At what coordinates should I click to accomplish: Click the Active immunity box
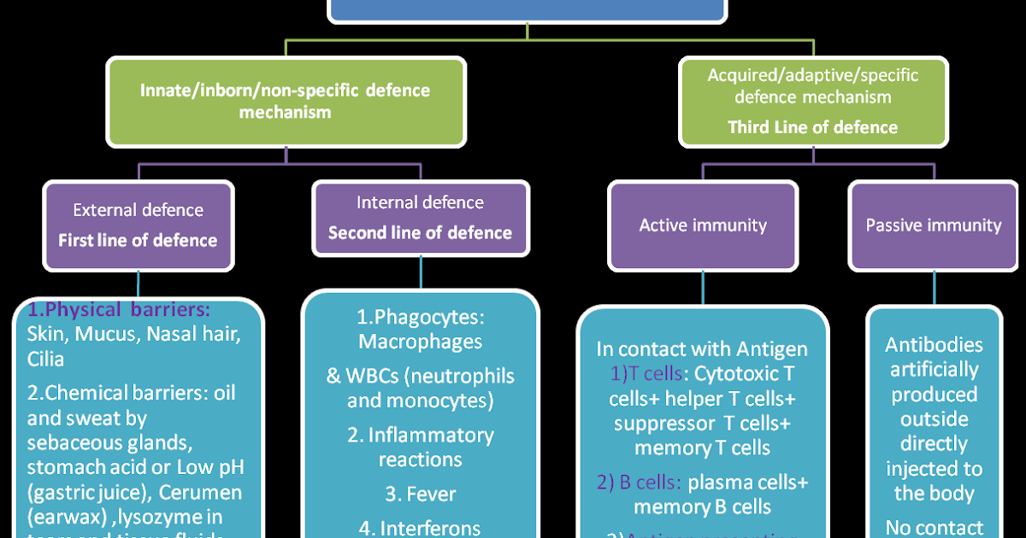[x=703, y=225]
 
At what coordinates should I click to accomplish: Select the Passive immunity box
[x=933, y=225]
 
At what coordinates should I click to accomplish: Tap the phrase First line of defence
[x=138, y=240]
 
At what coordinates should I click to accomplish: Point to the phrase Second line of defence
[x=420, y=232]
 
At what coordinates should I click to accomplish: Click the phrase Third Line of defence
[x=812, y=127]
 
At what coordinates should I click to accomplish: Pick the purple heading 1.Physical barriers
[x=119, y=308]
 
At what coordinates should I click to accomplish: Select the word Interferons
[x=432, y=528]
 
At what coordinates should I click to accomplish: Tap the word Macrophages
[x=420, y=342]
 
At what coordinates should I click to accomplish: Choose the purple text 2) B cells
[x=639, y=482]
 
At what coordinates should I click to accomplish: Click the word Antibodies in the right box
[x=934, y=345]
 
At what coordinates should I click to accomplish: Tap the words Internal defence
[x=420, y=202]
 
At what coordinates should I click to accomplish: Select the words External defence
[x=138, y=210]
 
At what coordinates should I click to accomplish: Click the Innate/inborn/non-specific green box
[x=286, y=101]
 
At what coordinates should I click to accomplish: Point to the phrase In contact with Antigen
[x=702, y=348]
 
